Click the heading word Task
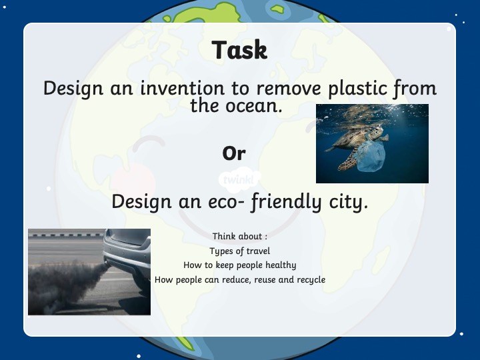point(239,49)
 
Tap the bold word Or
point(234,153)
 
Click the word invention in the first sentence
point(183,88)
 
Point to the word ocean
point(254,106)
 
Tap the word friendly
point(286,203)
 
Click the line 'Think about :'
point(240,236)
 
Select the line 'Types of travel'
point(240,251)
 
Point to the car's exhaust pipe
point(107,263)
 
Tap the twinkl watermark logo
point(240,180)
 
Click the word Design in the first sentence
point(73,89)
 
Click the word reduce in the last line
point(236,280)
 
